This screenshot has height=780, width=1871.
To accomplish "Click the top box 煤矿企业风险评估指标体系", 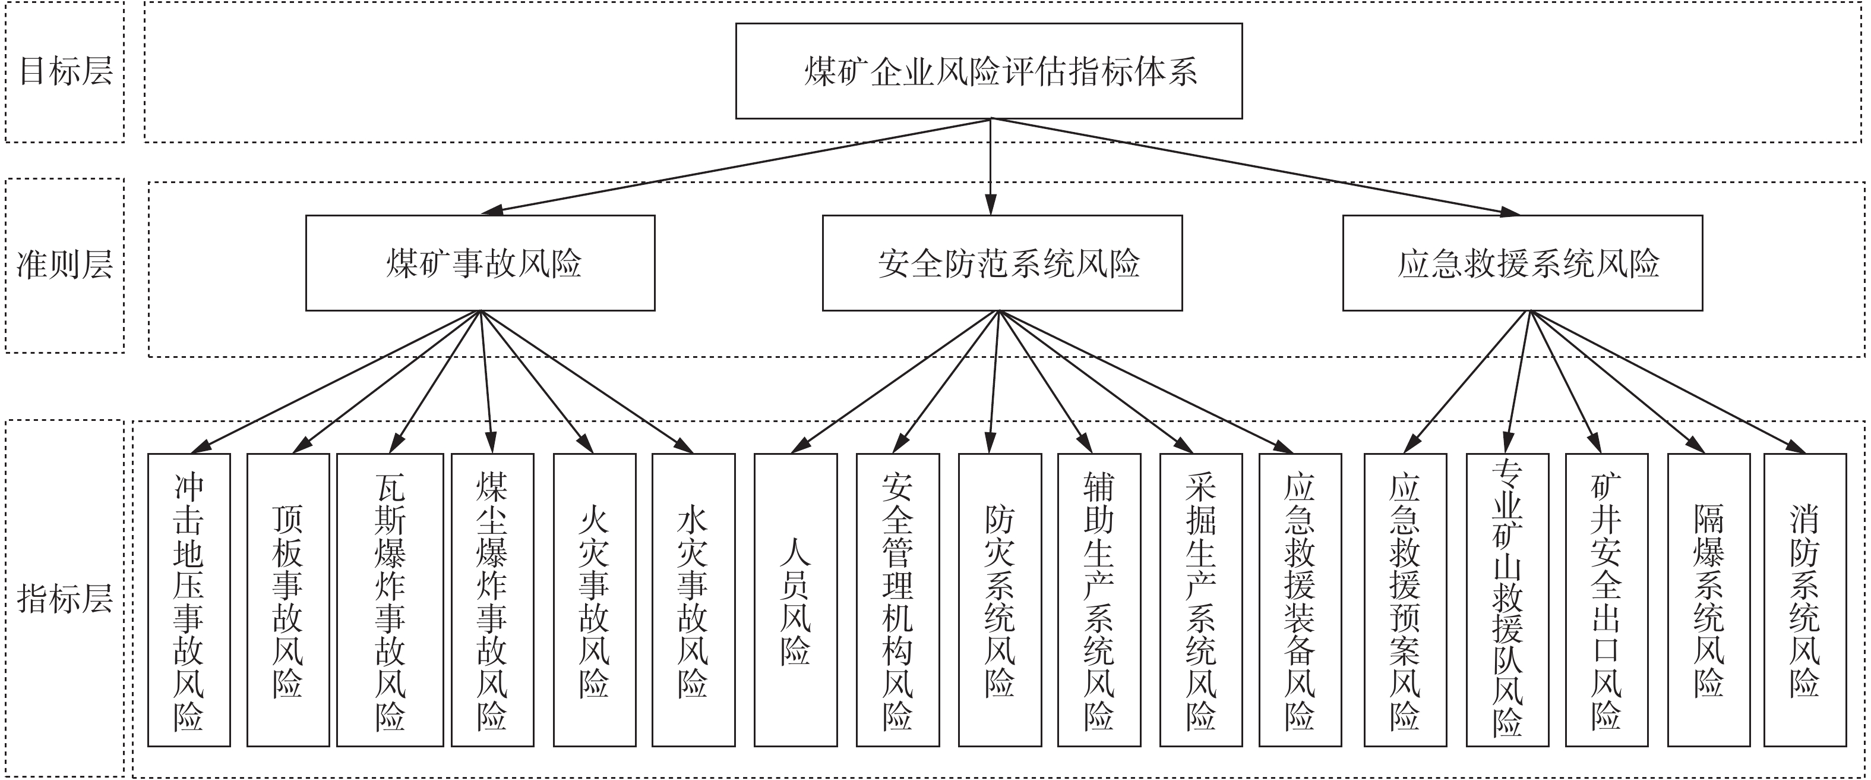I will point(988,71).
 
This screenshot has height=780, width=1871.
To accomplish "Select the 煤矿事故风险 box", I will point(480,263).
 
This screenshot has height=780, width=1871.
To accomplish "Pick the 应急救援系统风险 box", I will point(1522,263).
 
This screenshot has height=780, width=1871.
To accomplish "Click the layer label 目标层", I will point(65,71).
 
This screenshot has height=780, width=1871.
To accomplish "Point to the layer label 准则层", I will point(65,265).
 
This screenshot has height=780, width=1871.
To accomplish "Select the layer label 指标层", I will point(65,600).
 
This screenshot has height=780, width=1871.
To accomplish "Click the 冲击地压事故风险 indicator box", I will point(189,600).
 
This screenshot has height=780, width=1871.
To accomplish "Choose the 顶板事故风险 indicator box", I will point(287,600).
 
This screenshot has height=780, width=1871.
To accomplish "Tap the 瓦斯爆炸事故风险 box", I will point(390,600).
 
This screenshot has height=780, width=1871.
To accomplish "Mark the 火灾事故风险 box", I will point(594,600).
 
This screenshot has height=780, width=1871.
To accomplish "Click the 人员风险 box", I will point(795,600).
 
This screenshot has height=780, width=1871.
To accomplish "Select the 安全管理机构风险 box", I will point(897,600).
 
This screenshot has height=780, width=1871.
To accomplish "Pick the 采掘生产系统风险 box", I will point(1200,600).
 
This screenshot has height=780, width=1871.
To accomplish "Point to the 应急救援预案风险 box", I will point(1405,600).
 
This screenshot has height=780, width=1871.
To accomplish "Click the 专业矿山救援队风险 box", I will point(1507,600).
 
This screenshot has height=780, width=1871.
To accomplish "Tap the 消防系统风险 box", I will point(1805,600).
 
